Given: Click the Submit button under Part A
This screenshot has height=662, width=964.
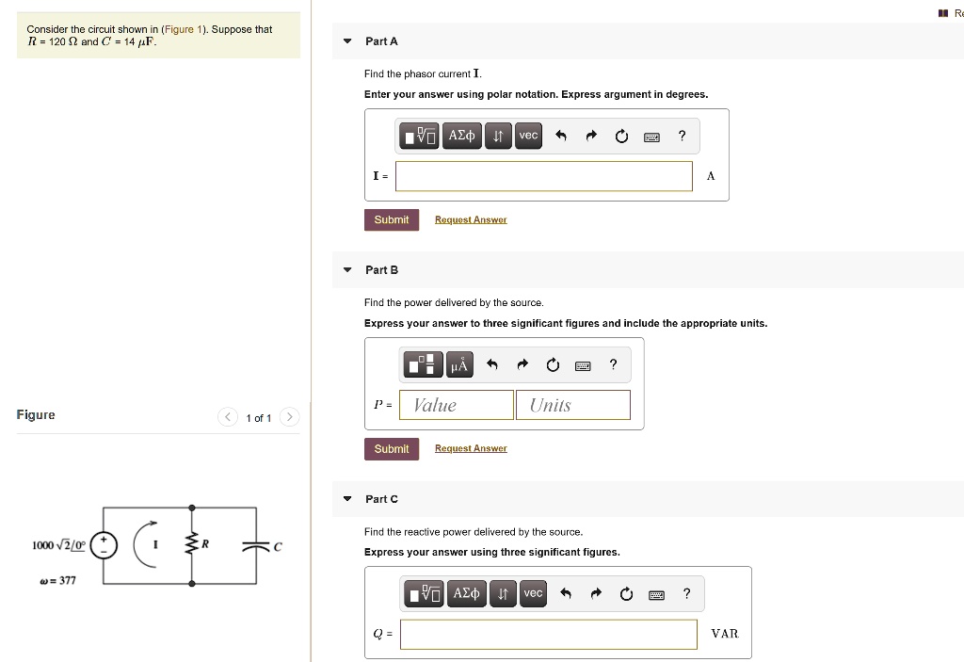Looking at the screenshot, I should pos(391,220).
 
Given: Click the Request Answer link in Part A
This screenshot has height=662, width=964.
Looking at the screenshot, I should pos(471,220).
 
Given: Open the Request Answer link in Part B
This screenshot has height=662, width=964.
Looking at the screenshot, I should pos(471,449).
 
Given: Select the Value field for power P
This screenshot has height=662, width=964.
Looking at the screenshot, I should pos(457,405).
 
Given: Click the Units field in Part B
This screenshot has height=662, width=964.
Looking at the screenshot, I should pos(572,405).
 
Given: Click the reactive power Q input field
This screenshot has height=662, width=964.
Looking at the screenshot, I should pos(548,634).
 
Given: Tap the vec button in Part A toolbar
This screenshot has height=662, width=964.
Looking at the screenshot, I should pos(528,137).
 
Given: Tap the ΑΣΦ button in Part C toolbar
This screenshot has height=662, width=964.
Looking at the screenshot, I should pos(467,593).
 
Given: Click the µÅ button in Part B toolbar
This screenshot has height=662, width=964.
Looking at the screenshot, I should pos(459,364).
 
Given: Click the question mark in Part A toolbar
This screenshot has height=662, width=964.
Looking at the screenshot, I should pos(683,137).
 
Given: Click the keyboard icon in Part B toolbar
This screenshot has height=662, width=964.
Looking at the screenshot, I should pos(583,365).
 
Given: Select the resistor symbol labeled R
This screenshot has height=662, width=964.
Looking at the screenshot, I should pos(193,545).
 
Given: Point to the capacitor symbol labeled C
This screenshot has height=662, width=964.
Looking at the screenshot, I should pos(255,546).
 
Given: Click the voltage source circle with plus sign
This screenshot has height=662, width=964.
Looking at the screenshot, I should pos(104,546).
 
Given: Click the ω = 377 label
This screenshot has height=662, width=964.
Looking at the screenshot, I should pos(56,580).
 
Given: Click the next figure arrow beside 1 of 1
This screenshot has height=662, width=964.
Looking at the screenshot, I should pos(289,417).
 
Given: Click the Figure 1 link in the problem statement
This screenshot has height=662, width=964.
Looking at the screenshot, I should pos(179,29).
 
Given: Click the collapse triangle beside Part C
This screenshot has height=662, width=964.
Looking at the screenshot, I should pos(347,499).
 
